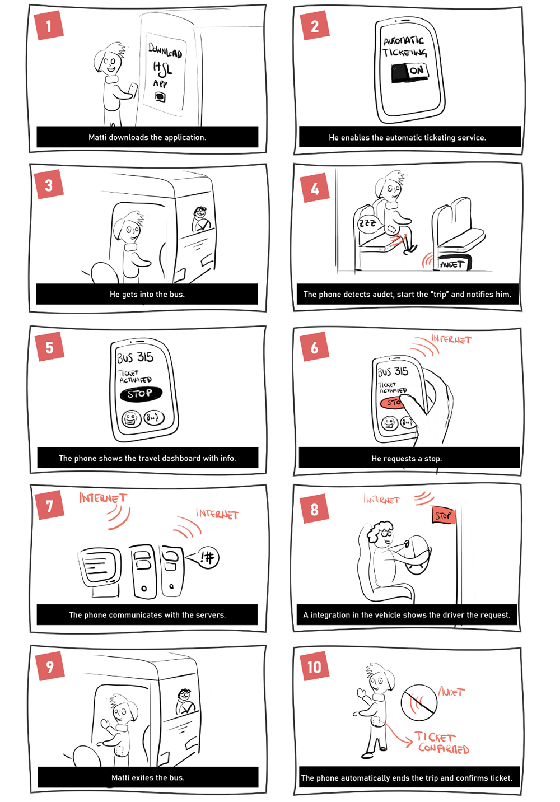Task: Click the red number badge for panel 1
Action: point(49,26)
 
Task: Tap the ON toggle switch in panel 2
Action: point(409,71)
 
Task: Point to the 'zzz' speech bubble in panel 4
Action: point(367,223)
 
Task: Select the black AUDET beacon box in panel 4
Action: point(453,263)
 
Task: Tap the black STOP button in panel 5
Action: point(141,394)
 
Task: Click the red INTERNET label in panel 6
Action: point(451,339)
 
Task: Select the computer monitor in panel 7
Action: point(100,567)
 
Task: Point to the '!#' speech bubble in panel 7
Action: point(208,557)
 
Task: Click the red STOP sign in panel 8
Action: point(443,515)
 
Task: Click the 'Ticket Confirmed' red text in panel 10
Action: point(442,743)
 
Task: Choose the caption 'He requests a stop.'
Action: point(407,458)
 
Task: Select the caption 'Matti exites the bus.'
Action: point(148,777)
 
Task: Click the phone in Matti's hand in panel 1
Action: point(132,89)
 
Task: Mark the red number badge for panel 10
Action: point(314,666)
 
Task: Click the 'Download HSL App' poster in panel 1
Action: point(165,70)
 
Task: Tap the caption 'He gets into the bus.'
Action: point(147,294)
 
